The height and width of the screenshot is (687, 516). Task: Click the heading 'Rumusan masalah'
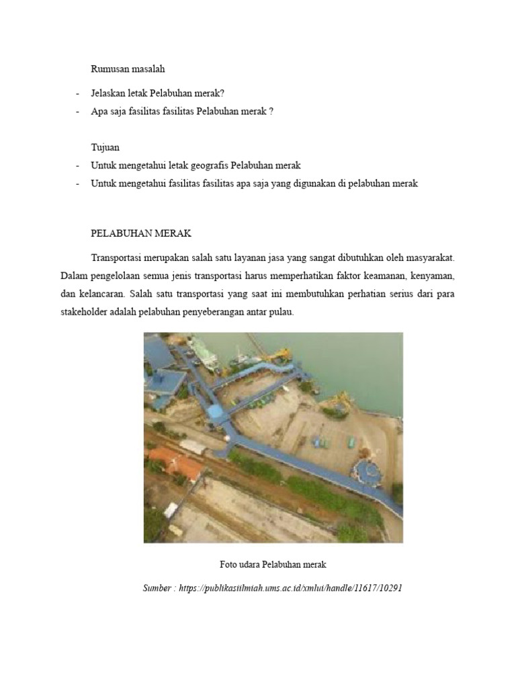128,68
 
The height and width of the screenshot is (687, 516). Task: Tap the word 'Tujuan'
105,147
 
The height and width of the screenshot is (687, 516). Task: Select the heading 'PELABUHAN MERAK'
141,233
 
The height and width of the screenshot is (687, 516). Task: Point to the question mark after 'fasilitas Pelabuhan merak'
271,111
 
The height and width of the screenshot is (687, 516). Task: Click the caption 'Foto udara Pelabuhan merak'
273,564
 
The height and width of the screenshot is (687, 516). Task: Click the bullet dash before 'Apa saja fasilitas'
78,111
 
